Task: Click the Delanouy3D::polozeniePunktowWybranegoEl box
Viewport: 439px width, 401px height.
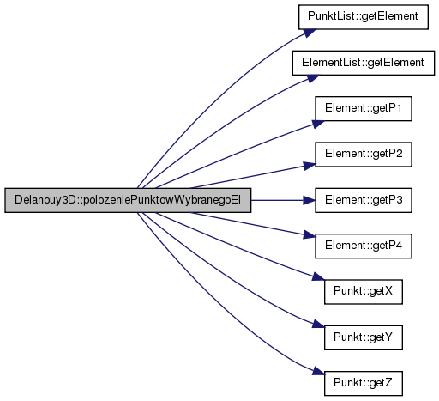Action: point(128,200)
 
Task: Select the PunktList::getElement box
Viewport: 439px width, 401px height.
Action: point(364,17)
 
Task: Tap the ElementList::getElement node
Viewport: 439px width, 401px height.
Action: point(364,63)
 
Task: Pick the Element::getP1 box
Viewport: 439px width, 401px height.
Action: point(364,108)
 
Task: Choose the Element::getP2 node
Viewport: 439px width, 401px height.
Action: point(364,155)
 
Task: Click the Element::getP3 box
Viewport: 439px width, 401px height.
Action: point(364,200)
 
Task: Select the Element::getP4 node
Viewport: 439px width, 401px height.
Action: point(364,246)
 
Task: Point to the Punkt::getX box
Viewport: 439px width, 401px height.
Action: point(364,292)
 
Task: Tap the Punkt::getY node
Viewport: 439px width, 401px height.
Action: point(364,337)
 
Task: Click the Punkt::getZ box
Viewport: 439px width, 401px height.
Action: point(364,383)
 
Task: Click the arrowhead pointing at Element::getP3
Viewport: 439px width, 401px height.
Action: point(310,200)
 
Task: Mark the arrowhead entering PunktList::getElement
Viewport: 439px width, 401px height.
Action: point(310,33)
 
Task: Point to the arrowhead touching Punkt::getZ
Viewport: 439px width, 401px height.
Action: point(318,372)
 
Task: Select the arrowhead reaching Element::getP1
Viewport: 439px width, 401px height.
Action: point(318,124)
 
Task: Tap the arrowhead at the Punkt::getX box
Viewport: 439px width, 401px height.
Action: point(318,276)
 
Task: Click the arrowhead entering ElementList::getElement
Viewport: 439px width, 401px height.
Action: point(313,78)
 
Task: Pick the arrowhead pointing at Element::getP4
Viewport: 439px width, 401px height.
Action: point(310,235)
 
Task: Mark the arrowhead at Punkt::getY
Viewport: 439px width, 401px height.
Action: point(318,325)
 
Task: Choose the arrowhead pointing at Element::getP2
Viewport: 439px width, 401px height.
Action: point(310,166)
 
